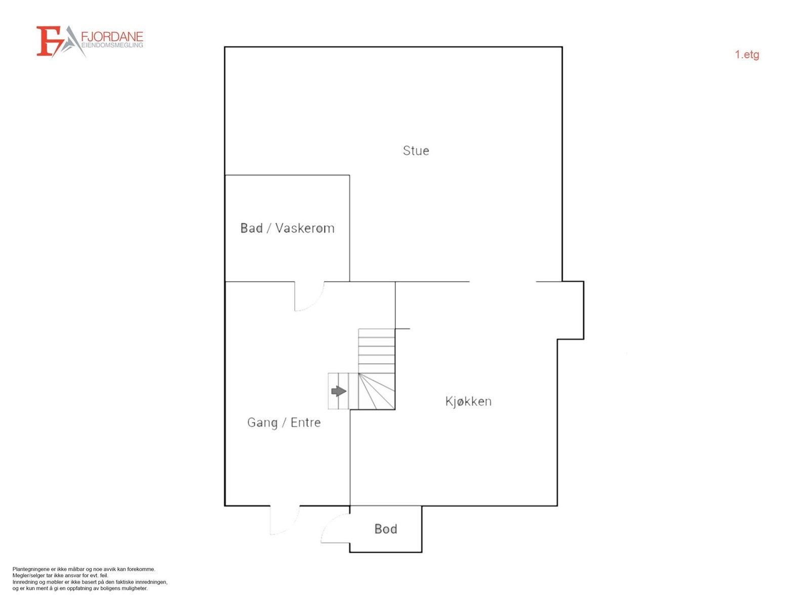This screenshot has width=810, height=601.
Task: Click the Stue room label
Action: coord(416,151)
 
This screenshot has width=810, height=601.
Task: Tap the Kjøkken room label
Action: coord(468,401)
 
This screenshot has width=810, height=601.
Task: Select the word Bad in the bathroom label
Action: coord(252,228)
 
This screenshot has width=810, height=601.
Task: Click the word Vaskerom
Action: coord(305,228)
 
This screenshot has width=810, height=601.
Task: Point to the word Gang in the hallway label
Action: coord(262,423)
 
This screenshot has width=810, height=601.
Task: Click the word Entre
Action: coord(306,422)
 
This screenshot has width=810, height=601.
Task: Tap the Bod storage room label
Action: coord(386,529)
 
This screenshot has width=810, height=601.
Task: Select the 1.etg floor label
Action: coord(747,55)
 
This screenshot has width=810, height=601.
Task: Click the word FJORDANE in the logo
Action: coord(112,37)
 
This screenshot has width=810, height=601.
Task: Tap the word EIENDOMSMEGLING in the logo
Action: coord(112,45)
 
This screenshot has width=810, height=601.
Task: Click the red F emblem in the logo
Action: coord(48,41)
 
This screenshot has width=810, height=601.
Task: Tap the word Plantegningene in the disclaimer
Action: coord(29,569)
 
